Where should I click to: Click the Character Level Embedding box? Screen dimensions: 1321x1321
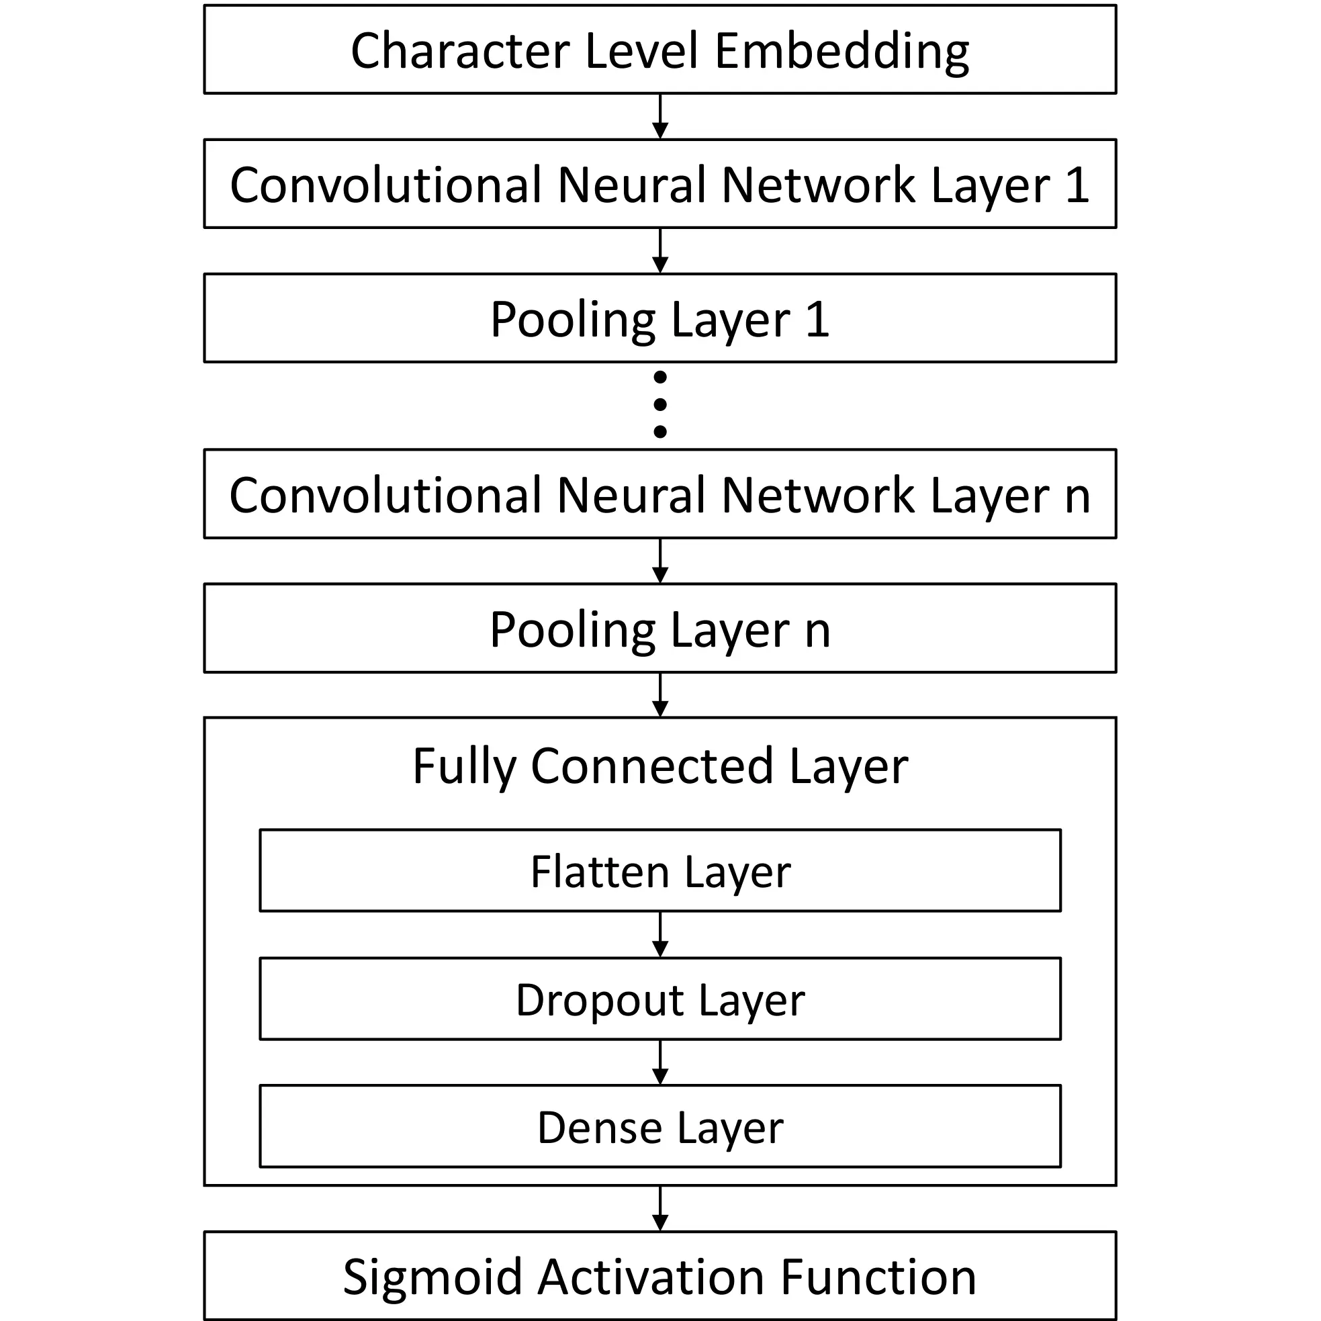click(x=659, y=49)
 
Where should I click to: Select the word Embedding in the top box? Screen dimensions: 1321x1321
click(x=841, y=52)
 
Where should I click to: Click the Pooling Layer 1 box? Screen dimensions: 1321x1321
click(x=659, y=318)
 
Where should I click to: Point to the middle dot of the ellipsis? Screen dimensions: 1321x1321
click(x=659, y=404)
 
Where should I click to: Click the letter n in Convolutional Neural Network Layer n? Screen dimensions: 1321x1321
click(x=1077, y=496)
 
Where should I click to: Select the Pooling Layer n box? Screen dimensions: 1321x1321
click(x=659, y=629)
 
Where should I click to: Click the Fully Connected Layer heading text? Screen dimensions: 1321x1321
click(x=659, y=766)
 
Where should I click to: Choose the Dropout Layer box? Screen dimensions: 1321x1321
click(x=659, y=999)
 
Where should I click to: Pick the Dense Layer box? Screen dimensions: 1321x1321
click(x=659, y=1128)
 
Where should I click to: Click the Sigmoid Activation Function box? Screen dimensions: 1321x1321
click(x=659, y=1277)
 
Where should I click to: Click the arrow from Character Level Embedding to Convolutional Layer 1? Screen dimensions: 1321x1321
click(x=659, y=117)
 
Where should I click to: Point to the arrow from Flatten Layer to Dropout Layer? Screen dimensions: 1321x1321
click(x=659, y=935)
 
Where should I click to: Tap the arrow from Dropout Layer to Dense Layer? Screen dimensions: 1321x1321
click(x=659, y=1062)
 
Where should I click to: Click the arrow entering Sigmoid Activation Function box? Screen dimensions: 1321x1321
click(x=659, y=1209)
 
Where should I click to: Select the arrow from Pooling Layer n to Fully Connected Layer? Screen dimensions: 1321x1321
click(x=659, y=695)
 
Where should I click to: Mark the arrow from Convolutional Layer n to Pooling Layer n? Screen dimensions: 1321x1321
click(x=659, y=561)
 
